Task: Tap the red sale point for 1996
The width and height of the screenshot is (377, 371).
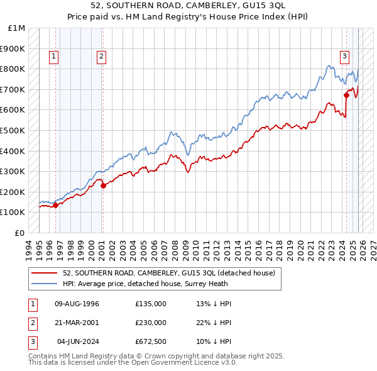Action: click(55, 204)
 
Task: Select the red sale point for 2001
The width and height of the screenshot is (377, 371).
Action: click(103, 185)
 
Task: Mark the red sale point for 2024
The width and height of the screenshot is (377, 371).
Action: click(346, 95)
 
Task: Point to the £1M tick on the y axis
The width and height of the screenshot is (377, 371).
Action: click(18, 28)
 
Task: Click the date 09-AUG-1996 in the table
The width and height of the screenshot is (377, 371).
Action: click(77, 304)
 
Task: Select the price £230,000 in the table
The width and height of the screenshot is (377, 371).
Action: click(151, 323)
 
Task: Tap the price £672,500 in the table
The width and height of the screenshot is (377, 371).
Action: click(151, 341)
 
